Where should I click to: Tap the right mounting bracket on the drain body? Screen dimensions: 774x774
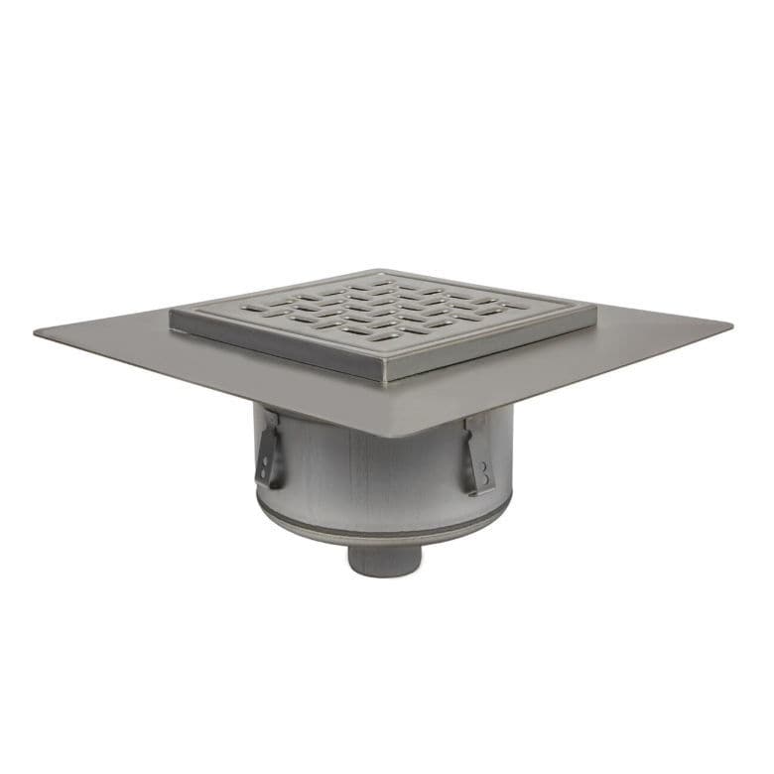coord(477,457)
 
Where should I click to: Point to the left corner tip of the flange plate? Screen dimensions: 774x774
coord(37,332)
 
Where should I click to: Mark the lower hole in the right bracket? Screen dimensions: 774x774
coord(484,481)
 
